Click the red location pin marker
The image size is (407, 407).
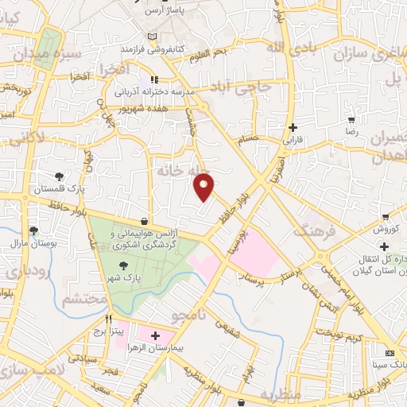point(204,186)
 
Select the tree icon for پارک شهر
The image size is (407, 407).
point(122,266)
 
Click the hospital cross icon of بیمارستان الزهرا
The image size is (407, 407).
point(153,337)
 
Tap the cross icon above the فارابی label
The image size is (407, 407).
point(293,127)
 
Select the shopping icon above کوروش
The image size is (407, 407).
point(385,216)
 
